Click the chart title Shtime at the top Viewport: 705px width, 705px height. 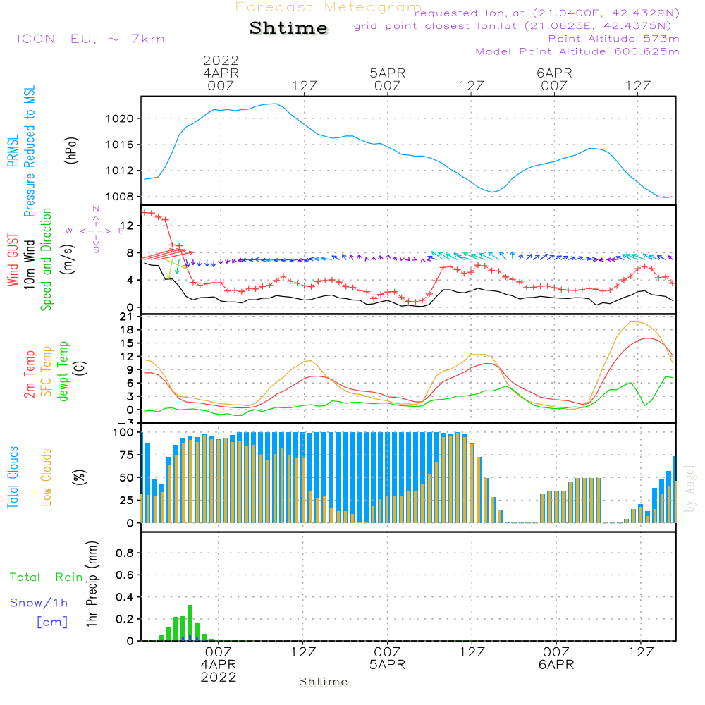[x=288, y=28]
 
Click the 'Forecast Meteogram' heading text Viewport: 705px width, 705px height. [x=329, y=7]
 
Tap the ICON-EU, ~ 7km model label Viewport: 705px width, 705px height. [x=90, y=38]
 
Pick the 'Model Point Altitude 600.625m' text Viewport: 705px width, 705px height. [x=577, y=51]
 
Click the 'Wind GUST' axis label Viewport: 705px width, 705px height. [x=13, y=260]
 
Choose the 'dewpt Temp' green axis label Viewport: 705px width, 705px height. [x=63, y=372]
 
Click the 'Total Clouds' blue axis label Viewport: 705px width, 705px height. [x=13, y=477]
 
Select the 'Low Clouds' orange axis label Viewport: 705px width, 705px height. [x=47, y=477]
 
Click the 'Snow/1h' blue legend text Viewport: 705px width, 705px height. [x=39, y=603]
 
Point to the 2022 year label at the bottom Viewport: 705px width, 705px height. [x=219, y=678]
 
